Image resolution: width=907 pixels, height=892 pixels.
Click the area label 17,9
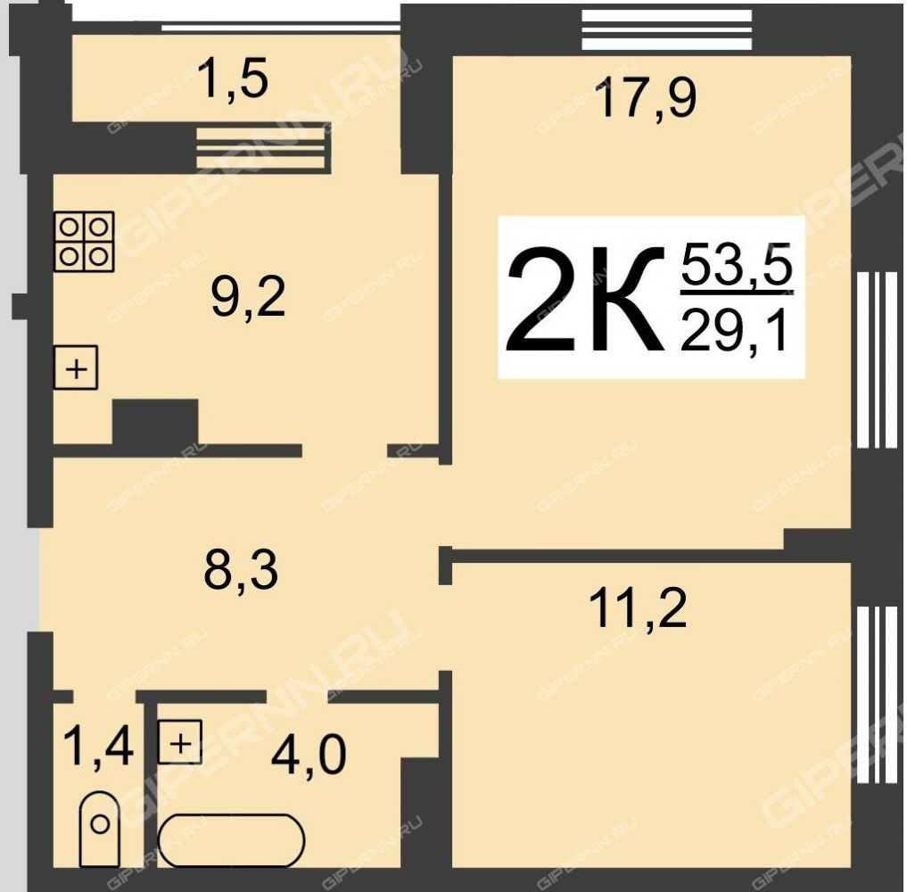(x=646, y=99)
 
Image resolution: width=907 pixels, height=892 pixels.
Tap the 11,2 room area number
(x=638, y=608)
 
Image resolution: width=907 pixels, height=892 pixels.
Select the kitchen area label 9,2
(x=248, y=299)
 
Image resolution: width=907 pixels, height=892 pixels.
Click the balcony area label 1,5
(x=233, y=79)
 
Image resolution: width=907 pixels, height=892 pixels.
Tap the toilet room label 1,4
(x=99, y=747)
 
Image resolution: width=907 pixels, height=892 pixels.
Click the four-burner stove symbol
(x=84, y=241)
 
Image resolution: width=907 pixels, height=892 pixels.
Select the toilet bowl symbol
(x=100, y=829)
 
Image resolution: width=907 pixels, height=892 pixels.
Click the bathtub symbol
(x=231, y=840)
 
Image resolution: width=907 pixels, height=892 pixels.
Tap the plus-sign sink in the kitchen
(x=76, y=368)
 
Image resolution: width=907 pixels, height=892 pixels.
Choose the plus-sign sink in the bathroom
(x=180, y=741)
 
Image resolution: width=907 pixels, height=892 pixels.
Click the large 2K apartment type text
(x=586, y=299)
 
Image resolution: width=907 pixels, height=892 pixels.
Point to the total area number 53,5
(x=737, y=264)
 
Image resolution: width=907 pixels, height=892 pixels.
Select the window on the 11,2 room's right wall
(x=878, y=695)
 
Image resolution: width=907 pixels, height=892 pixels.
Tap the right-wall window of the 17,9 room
(x=878, y=359)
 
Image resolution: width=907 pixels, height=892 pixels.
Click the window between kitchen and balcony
(x=261, y=147)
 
